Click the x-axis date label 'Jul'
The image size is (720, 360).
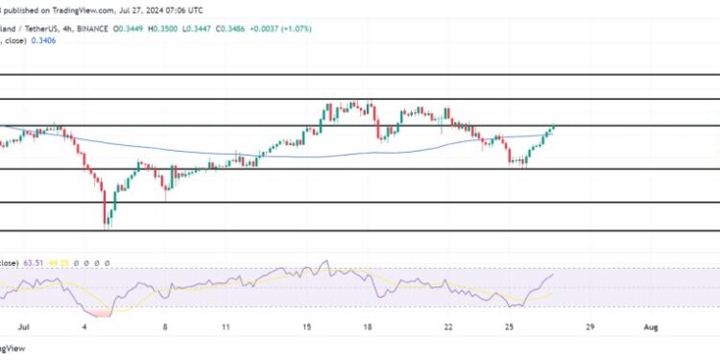pyautogui.click(x=11, y=325)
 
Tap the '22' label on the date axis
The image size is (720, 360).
pyautogui.click(x=448, y=325)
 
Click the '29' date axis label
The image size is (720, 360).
pyautogui.click(x=589, y=325)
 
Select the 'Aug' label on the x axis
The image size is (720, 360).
pyautogui.click(x=652, y=325)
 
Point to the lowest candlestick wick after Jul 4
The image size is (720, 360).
pyautogui.click(x=108, y=228)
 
